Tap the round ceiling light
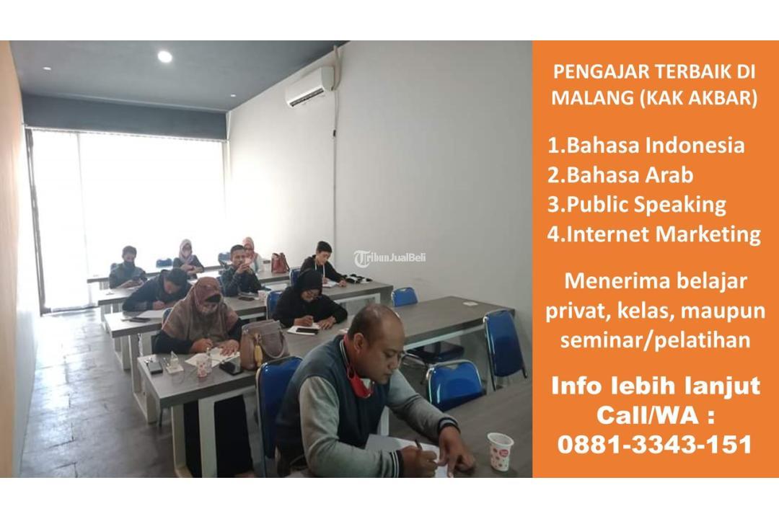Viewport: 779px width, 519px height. tap(165, 57)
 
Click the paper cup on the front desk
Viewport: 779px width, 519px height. tap(501, 451)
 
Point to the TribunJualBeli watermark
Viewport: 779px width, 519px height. tap(390, 258)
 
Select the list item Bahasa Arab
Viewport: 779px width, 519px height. tap(620, 175)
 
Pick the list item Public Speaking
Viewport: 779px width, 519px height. tap(636, 205)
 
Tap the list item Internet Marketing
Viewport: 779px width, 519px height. tap(653, 234)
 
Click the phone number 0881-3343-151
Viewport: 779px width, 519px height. tap(655, 444)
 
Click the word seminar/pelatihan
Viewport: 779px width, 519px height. tap(655, 340)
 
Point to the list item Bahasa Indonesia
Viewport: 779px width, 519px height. tap(646, 145)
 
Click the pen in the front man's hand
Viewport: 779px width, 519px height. tap(419, 445)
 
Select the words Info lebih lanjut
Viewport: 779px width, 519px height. tap(655, 386)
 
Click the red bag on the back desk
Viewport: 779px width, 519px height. tap(280, 262)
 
